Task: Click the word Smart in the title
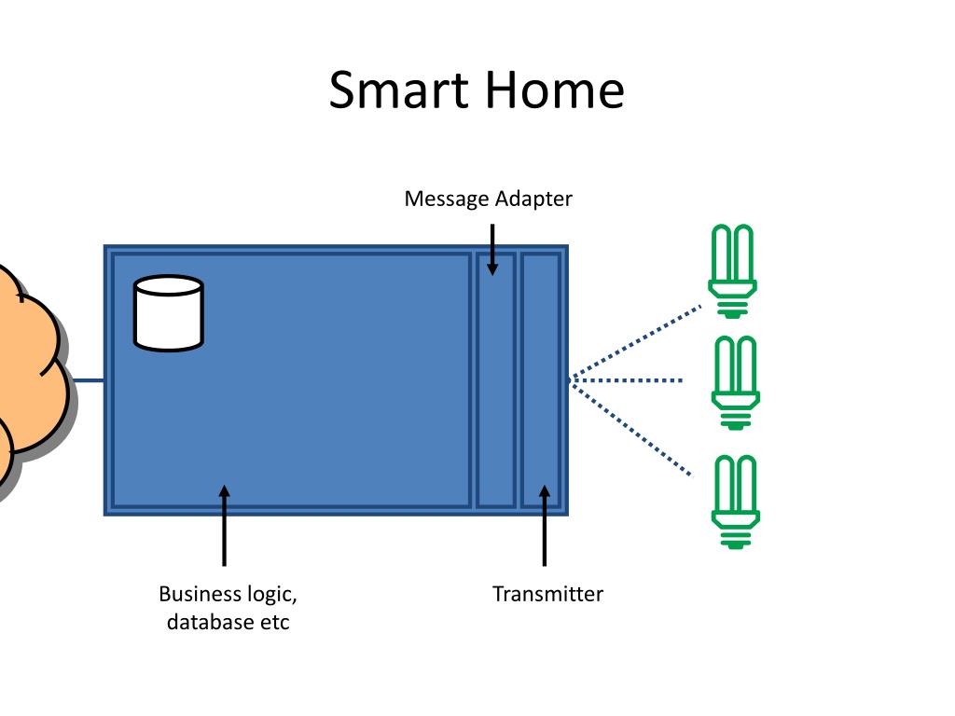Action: point(399,89)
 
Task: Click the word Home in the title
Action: point(555,89)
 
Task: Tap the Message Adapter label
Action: point(489,200)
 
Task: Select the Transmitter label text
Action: point(547,594)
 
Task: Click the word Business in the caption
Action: point(200,594)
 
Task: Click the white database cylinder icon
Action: point(169,313)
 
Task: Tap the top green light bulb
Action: point(733,271)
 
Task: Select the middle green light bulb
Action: point(735,382)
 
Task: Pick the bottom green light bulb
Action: point(735,502)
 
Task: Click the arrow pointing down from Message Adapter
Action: point(492,250)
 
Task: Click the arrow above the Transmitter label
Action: point(545,526)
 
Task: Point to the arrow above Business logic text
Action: point(225,526)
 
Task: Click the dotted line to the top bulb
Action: point(634,343)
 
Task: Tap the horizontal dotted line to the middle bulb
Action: point(626,380)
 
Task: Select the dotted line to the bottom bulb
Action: point(630,428)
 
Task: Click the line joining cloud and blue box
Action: point(88,381)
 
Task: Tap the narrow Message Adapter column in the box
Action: point(496,380)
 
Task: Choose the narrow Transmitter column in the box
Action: point(541,380)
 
